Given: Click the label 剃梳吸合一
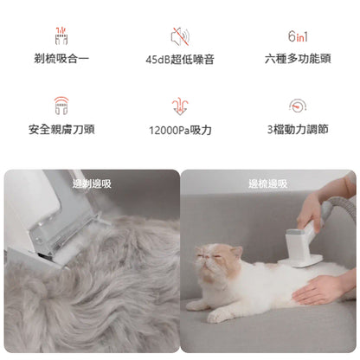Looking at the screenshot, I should (x=61, y=60).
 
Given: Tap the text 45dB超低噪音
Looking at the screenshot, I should (x=180, y=60).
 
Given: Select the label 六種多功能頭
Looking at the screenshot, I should (x=297, y=60).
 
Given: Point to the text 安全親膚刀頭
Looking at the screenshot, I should (x=61, y=131).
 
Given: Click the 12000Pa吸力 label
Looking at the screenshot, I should (x=180, y=131).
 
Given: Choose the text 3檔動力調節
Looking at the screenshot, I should (x=297, y=131).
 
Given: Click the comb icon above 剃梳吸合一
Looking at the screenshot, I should (x=61, y=35).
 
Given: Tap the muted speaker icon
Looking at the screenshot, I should (x=180, y=37).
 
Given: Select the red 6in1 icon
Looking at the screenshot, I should (x=297, y=36).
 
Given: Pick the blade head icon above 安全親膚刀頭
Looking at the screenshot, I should (x=61, y=106).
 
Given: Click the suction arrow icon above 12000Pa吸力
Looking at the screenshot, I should (x=180, y=106).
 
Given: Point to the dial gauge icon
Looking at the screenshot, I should (x=297, y=106).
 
